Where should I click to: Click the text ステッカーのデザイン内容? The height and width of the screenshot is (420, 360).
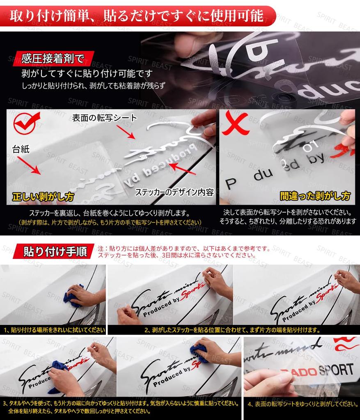pyautogui.click(x=174, y=192)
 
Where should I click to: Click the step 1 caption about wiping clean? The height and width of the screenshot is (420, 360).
pyautogui.click(x=54, y=329)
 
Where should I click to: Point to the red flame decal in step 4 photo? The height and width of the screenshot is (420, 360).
pyautogui.click(x=346, y=345)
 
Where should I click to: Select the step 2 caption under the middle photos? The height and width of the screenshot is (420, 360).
pyautogui.click(x=232, y=329)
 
